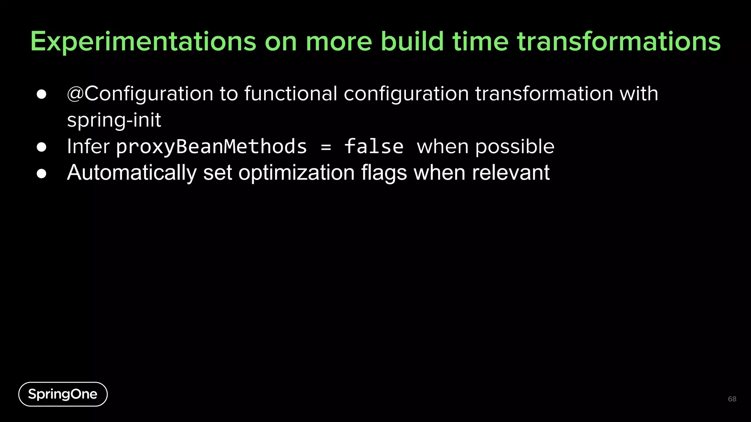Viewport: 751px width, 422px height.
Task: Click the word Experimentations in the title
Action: click(x=143, y=41)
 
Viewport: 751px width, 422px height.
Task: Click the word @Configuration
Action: click(x=140, y=94)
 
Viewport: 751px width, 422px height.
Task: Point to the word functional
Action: click(x=290, y=94)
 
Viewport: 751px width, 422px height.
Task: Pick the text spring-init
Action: click(x=114, y=120)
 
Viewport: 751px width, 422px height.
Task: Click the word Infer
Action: click(x=88, y=147)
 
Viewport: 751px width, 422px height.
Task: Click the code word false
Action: click(x=374, y=147)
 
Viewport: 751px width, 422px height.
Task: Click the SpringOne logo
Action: click(x=63, y=394)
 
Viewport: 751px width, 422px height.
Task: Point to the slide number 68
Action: click(x=732, y=399)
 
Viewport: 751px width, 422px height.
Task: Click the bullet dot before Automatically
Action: click(x=41, y=173)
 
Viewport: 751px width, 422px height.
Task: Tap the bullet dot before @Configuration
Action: click(x=41, y=95)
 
